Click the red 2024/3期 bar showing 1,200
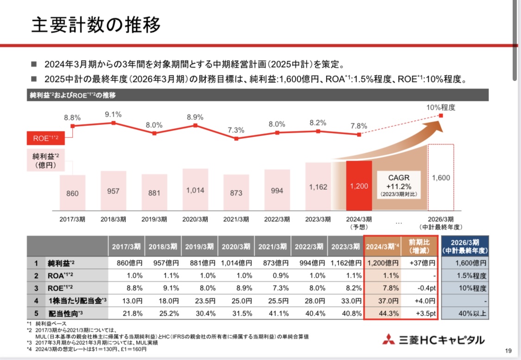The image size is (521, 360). [x=359, y=185]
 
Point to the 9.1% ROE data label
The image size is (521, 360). [x=113, y=114]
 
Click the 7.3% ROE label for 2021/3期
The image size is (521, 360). [x=236, y=130]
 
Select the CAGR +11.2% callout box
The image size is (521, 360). [x=399, y=185]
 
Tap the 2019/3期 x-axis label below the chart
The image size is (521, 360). [x=154, y=219]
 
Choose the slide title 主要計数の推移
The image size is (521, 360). [x=96, y=25]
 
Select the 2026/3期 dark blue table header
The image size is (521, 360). [x=464, y=247]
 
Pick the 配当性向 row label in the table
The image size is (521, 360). [x=64, y=313]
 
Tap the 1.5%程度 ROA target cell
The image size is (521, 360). [x=464, y=276]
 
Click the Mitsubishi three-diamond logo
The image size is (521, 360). [x=389, y=340]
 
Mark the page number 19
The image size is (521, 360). [x=508, y=350]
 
